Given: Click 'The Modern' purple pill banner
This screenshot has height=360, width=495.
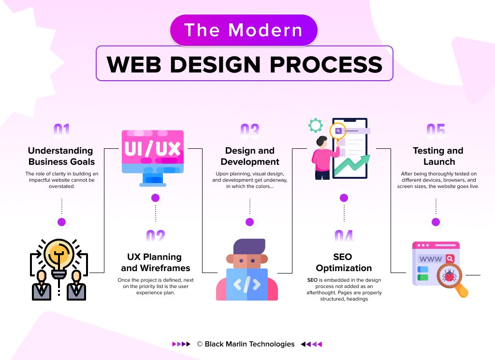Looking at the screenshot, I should (244, 30).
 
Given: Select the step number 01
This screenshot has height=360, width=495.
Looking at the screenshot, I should (61, 131).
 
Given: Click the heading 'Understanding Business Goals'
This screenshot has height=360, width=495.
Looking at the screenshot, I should (61, 156).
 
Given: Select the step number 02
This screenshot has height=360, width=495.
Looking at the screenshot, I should (155, 236).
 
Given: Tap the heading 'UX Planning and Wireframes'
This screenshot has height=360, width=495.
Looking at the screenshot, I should (155, 262).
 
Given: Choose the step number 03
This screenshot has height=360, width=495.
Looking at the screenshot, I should (249, 131).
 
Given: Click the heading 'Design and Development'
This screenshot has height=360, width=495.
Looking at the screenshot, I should (249, 156).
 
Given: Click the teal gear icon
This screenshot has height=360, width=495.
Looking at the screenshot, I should (316, 126).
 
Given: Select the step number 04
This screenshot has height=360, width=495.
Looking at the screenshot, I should (344, 236).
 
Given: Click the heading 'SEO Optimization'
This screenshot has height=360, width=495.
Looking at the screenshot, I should (344, 262).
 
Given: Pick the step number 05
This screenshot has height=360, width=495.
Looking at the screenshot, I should (436, 131).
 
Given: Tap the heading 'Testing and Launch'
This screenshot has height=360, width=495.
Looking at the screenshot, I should (438, 156).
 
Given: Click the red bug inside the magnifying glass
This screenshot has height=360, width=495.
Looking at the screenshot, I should (450, 276).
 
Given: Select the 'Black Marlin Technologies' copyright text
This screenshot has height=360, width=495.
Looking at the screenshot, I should (249, 344).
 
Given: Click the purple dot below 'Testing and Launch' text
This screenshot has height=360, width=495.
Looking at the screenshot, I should (436, 222).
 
